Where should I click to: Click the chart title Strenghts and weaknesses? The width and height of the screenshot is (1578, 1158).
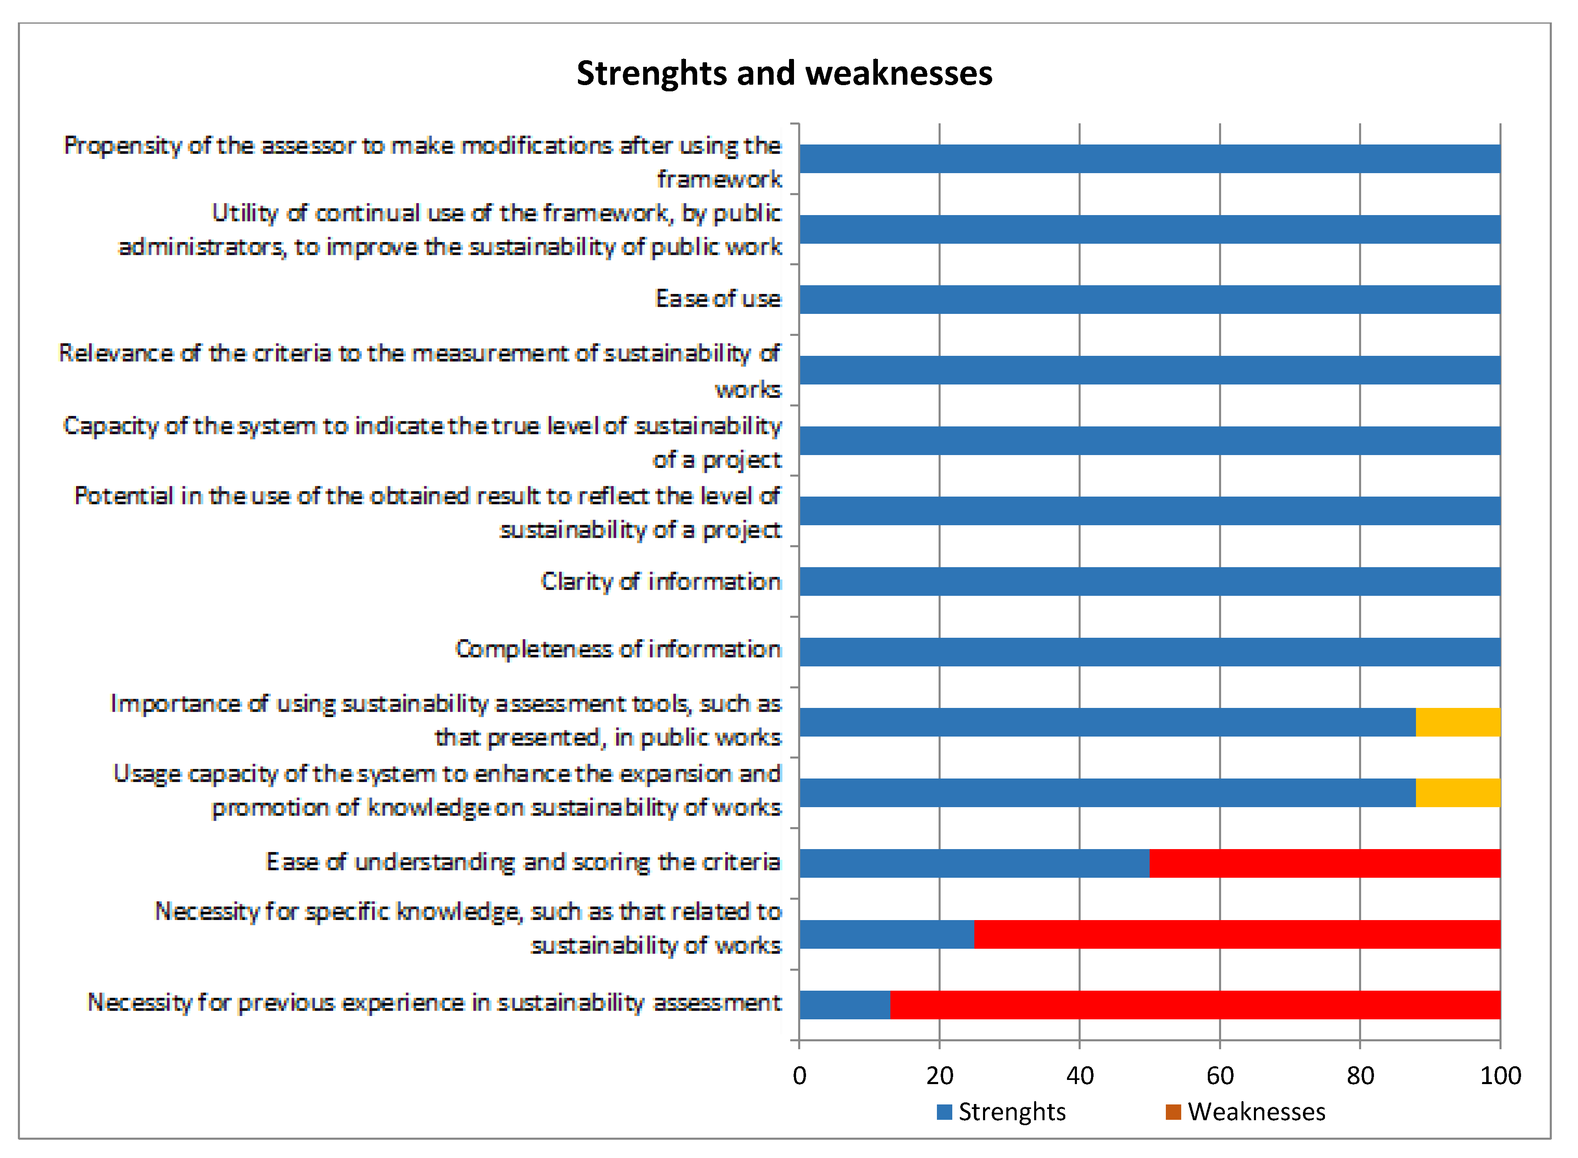click(x=784, y=73)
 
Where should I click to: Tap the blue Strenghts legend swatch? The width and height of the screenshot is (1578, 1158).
click(x=944, y=1112)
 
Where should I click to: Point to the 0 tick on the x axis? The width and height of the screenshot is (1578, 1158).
click(x=799, y=1076)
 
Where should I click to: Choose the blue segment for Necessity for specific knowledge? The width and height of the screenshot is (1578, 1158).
click(x=887, y=934)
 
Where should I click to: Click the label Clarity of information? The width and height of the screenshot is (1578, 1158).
click(x=661, y=581)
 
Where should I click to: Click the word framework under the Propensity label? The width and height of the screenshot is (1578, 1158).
click(x=719, y=179)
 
